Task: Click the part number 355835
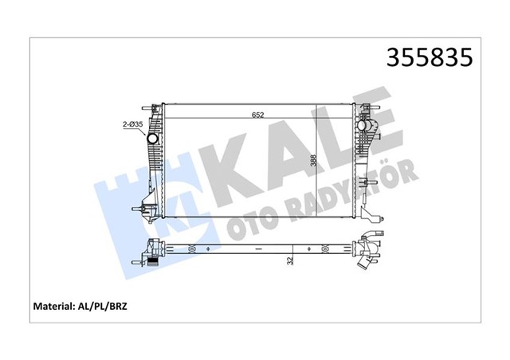coord(430,57)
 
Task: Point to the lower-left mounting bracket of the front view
coord(146,212)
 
